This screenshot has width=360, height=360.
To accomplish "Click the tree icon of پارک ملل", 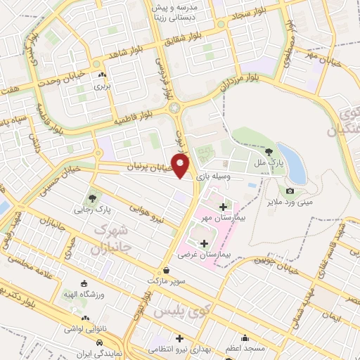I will click(269, 151).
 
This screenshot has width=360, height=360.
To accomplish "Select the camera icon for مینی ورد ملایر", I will click(290, 191).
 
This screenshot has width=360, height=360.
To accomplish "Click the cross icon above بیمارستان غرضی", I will click(205, 244).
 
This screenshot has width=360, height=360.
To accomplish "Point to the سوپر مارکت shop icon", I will click(166, 269).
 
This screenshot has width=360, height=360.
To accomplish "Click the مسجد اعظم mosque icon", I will click(245, 337).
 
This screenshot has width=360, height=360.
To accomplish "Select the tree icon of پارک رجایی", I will click(90, 198).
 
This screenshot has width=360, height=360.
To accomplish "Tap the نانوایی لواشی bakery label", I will click(83, 328).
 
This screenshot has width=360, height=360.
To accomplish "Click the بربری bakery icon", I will click(103, 75).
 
